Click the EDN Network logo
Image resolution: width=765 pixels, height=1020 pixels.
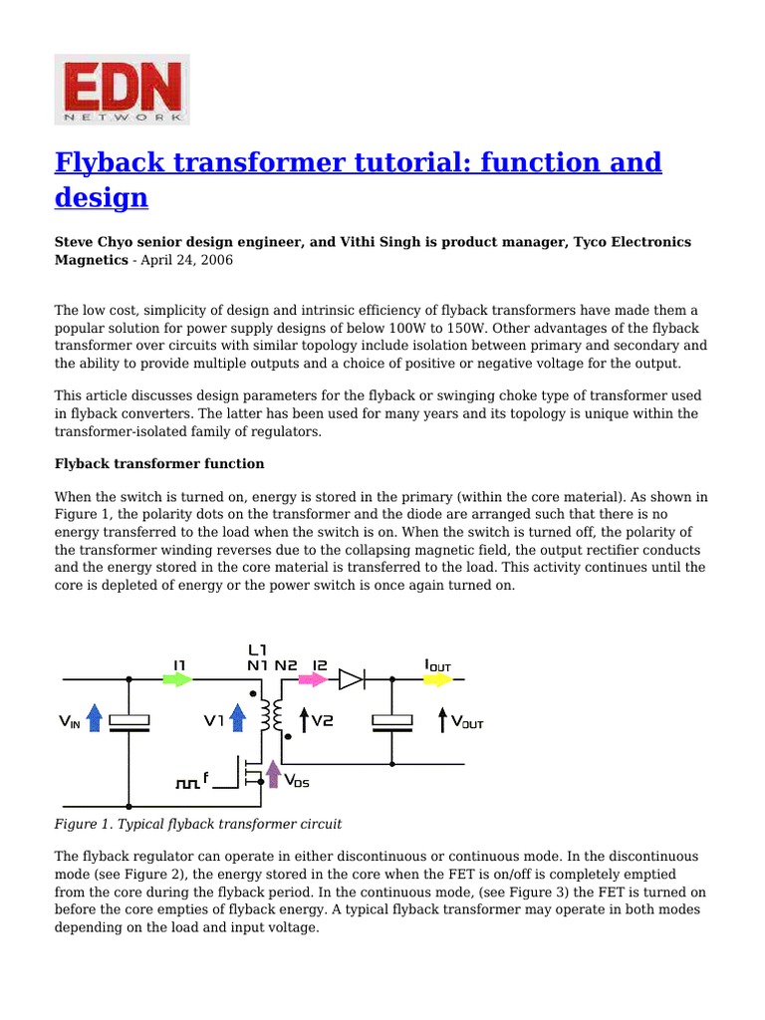click(122, 90)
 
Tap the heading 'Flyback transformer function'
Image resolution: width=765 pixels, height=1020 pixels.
click(159, 463)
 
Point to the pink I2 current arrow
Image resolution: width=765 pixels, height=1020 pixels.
click(312, 679)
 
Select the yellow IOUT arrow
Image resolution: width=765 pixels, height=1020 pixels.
click(437, 679)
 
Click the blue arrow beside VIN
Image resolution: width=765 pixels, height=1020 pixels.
click(95, 717)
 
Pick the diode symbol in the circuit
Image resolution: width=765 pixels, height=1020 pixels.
click(351, 679)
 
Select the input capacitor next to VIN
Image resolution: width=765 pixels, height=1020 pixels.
click(128, 722)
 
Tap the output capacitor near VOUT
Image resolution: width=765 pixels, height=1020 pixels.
click(391, 722)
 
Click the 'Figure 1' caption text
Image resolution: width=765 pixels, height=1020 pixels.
click(197, 824)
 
